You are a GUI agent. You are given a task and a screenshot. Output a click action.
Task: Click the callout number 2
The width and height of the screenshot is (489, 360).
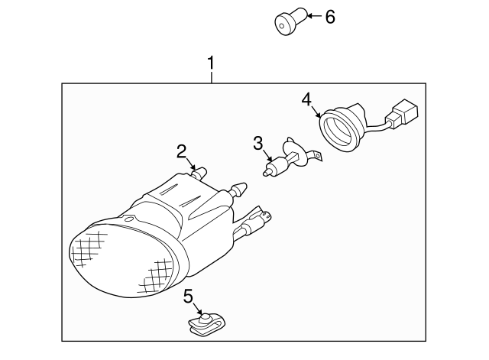click(x=181, y=151)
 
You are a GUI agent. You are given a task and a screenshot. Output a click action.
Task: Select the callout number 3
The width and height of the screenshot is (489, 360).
click(x=258, y=143)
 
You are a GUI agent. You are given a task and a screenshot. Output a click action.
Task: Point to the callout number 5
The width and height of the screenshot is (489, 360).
click(x=189, y=295)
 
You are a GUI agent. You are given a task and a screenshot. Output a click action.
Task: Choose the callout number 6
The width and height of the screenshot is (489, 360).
click(x=330, y=16)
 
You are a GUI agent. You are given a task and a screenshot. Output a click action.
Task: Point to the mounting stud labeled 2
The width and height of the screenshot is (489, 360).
click(x=200, y=174)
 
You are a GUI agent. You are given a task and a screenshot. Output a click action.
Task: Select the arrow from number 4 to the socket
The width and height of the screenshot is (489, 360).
click(x=316, y=111)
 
